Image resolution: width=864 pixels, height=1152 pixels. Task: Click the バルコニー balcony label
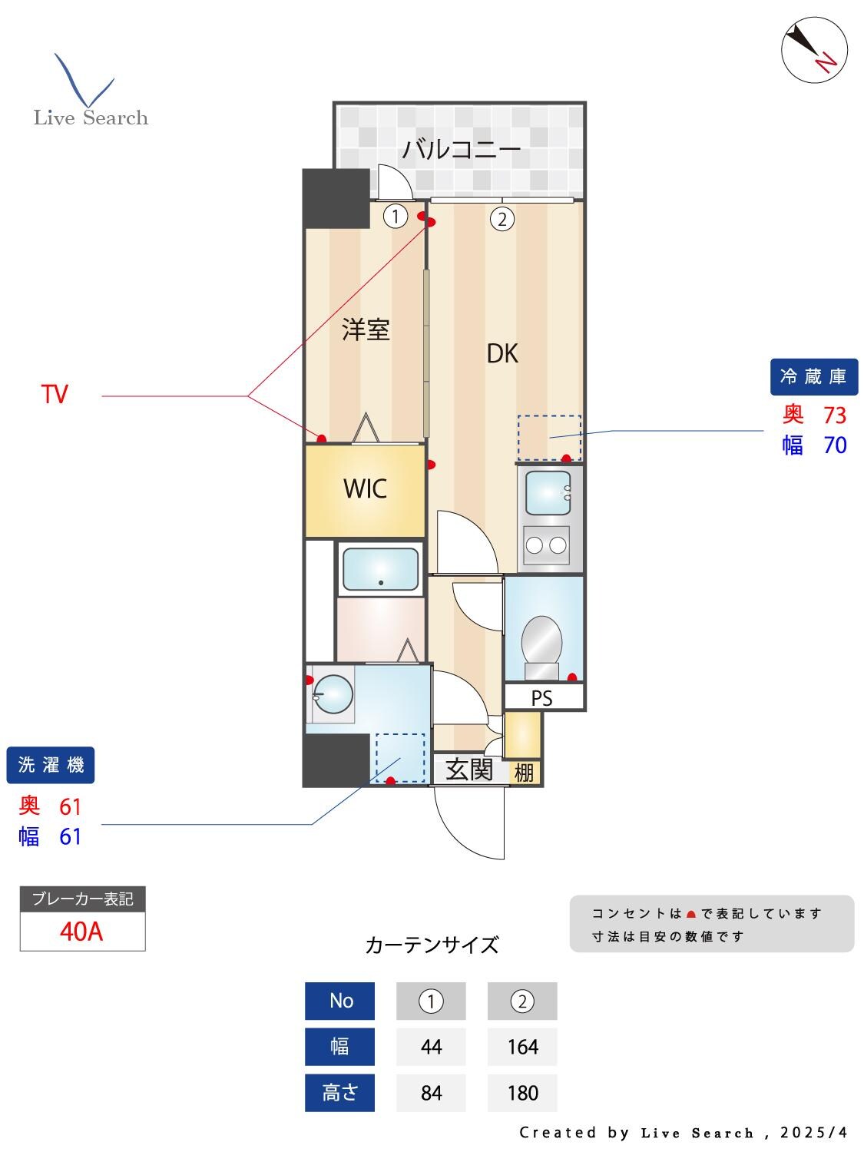461,148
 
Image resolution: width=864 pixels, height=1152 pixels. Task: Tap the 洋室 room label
366,329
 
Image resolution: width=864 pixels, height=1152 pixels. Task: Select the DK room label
502,353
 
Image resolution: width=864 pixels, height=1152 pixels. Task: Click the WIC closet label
365,488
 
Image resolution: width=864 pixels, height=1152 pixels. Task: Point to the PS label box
542,698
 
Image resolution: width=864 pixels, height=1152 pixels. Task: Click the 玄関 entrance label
469,770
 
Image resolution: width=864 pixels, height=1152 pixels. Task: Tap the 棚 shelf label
524,772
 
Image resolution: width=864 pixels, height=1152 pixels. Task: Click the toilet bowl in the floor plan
541,641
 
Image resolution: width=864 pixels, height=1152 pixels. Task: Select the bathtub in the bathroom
380,570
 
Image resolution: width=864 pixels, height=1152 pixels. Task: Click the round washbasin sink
333,694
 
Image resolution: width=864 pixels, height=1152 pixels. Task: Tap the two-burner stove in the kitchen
546,545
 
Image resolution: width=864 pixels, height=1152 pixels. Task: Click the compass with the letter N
814,49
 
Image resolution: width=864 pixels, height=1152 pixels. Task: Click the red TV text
55,395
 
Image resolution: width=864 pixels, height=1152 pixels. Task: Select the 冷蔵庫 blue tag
813,376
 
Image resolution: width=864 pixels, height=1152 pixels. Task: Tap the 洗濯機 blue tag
51,765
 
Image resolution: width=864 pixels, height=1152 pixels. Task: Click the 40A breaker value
81,932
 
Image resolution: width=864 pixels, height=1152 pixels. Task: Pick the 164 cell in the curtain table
522,1047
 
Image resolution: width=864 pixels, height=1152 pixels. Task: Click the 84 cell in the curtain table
431,1092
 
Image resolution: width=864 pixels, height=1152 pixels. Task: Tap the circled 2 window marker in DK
502,220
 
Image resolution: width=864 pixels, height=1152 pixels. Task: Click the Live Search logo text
91,118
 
